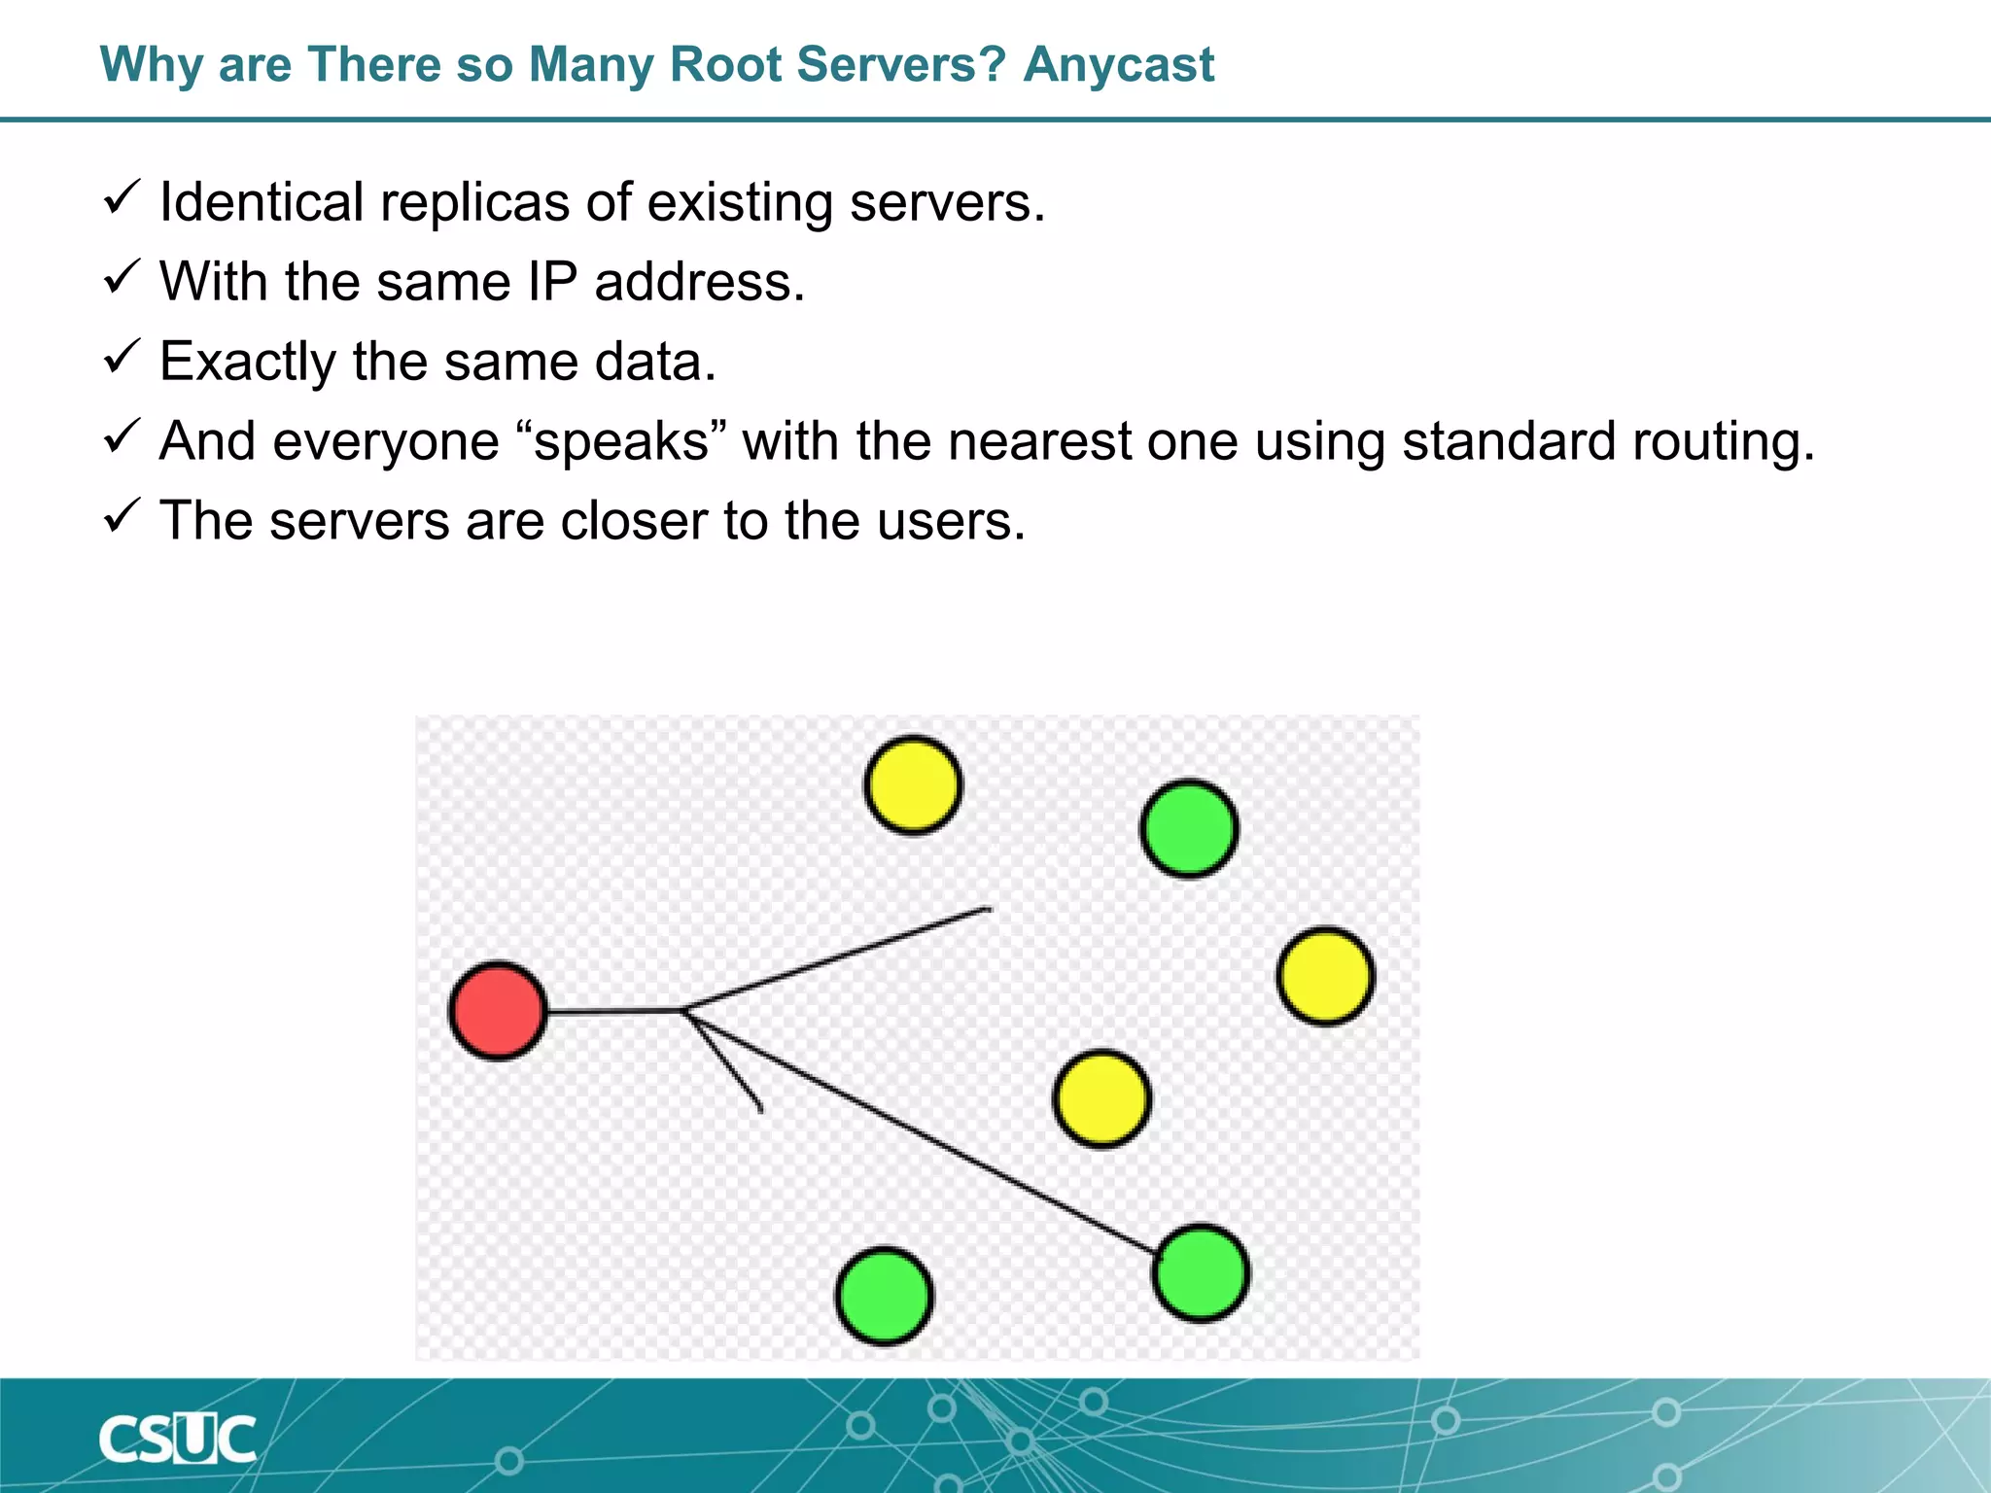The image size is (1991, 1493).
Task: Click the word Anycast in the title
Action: coord(1118,66)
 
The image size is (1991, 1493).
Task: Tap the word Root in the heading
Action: coord(725,66)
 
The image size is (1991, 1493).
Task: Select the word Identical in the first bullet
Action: coord(262,203)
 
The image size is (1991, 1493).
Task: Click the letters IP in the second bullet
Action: coord(552,283)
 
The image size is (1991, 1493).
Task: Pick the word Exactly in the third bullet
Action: coord(247,363)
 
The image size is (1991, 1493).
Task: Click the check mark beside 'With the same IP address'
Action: coord(122,278)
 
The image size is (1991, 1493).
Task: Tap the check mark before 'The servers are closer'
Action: coord(122,516)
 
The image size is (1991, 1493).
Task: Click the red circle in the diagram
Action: coord(498,1011)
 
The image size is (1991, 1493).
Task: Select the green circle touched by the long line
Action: coord(1202,1273)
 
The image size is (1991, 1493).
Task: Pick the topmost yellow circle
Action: coord(913,785)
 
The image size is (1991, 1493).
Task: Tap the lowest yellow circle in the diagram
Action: coord(1101,1099)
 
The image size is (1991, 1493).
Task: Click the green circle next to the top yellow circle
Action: coord(1189,829)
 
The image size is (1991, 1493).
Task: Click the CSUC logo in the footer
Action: coord(177,1440)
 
